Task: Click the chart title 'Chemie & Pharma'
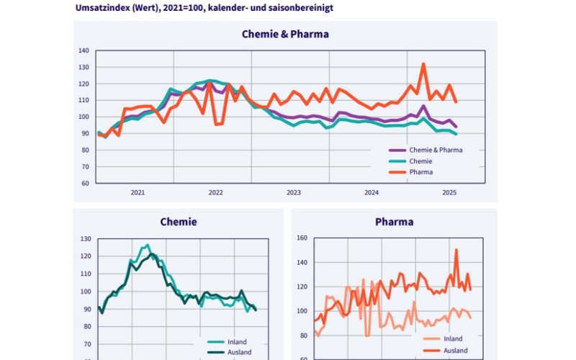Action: (x=285, y=34)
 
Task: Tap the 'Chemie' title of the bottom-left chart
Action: (x=178, y=222)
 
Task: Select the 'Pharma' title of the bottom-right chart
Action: (x=394, y=222)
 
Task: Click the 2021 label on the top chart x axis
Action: (x=138, y=193)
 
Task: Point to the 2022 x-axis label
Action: (x=215, y=193)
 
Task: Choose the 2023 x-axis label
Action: (x=294, y=193)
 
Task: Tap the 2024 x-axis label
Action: (x=372, y=193)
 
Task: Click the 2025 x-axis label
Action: (x=449, y=193)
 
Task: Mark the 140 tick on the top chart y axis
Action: (x=84, y=51)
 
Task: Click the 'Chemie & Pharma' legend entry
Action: (x=436, y=150)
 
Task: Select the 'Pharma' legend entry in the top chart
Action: (x=420, y=172)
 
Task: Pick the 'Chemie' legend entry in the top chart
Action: (x=420, y=161)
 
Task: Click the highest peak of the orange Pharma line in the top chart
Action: (x=423, y=64)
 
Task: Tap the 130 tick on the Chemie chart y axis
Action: (x=86, y=239)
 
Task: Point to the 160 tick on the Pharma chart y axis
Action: (x=302, y=238)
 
